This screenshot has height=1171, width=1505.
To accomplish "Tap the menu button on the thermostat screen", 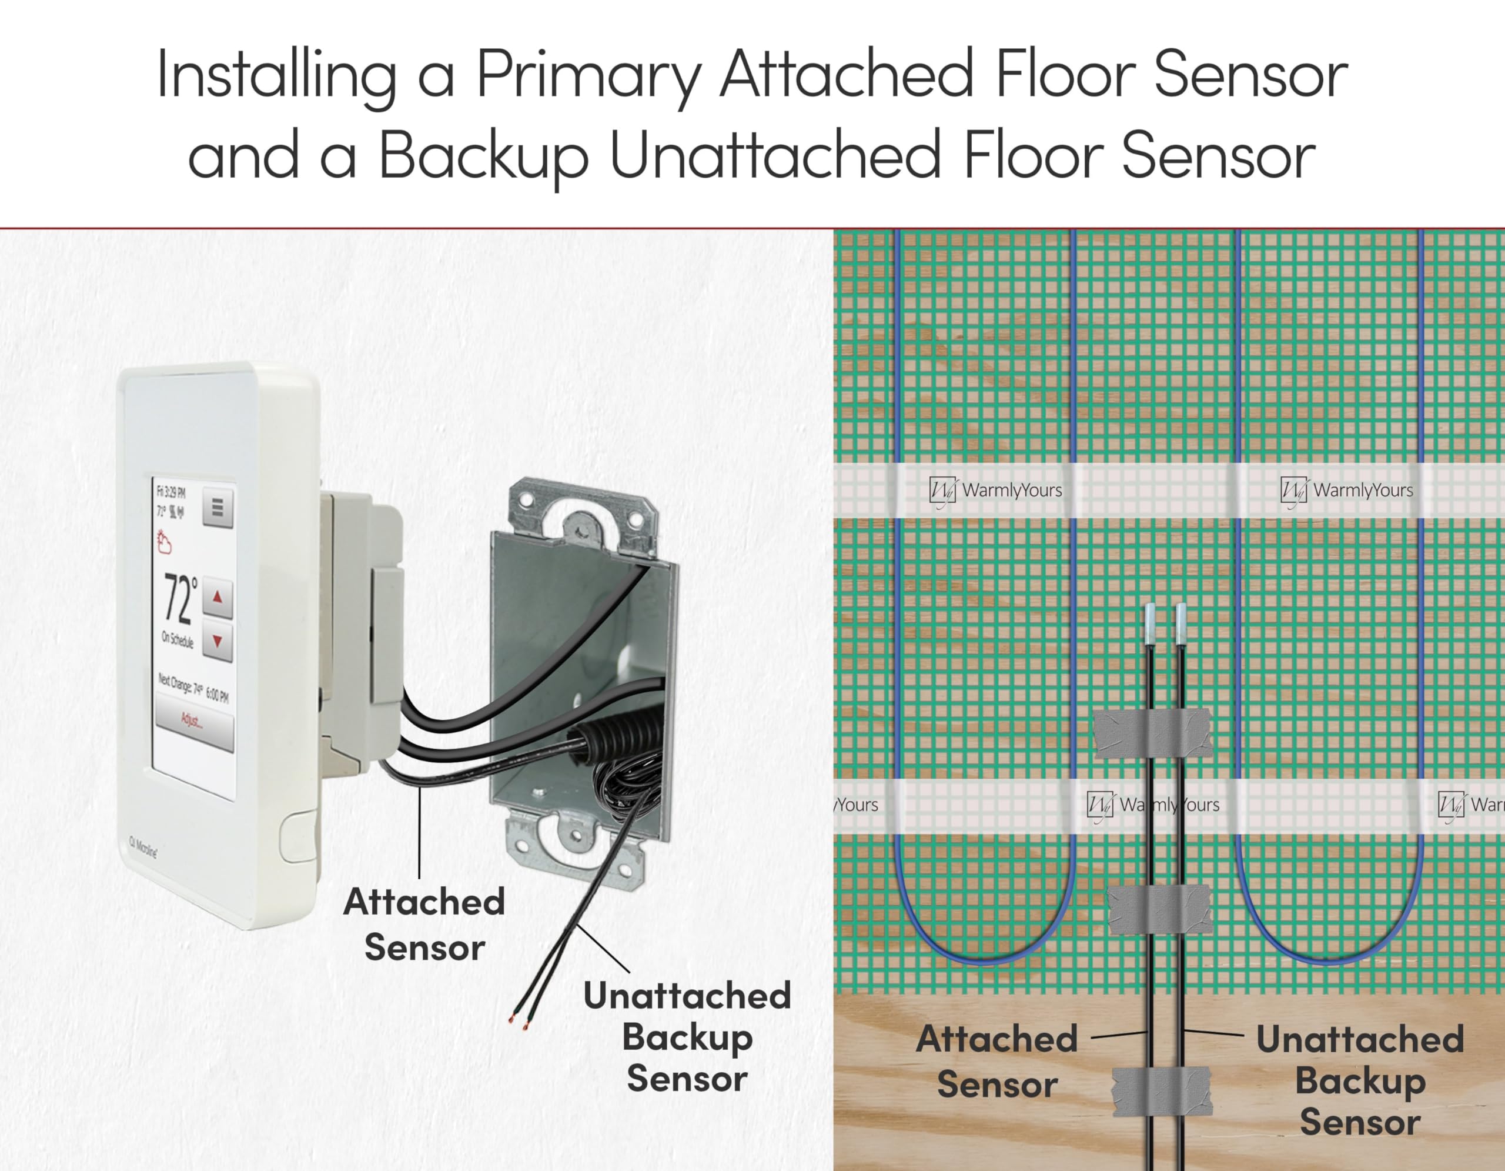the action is click(218, 508).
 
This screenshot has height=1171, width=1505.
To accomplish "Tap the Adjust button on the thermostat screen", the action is click(193, 722).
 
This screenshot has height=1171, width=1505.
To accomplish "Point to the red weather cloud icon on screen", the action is click(164, 544).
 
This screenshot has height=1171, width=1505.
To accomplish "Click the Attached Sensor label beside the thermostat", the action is click(424, 924).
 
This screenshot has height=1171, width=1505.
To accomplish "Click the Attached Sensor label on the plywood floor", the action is click(996, 1062).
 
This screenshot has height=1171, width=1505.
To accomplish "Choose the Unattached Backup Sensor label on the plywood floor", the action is click(1360, 1080).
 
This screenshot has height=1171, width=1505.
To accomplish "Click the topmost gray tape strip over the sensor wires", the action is click(1153, 733).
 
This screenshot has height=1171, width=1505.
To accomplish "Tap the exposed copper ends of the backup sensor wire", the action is click(518, 1022).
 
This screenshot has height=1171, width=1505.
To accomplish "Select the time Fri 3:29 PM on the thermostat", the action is click(171, 492).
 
